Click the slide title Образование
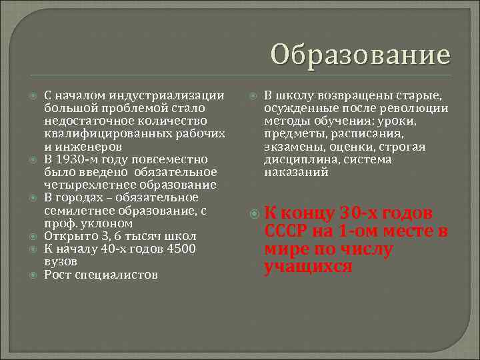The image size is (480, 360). coord(361,54)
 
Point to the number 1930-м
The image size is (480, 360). coord(82,159)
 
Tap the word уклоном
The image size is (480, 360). coord(104,223)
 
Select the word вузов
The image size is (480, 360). coord(61,261)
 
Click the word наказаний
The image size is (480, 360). coord(296,172)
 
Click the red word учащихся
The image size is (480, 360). coord(308,267)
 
